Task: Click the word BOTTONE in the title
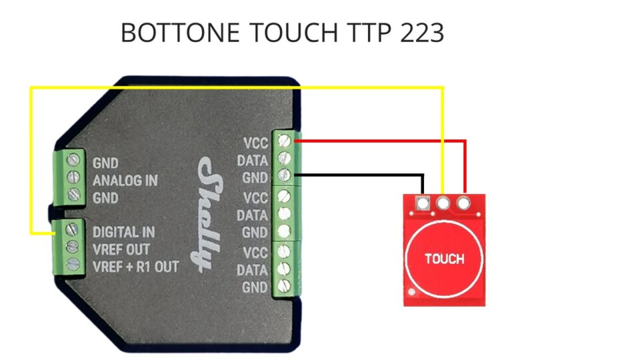(x=180, y=33)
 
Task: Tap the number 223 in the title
(x=422, y=33)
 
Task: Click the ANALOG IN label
(x=125, y=181)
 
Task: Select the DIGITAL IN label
(x=124, y=232)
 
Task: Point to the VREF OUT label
(x=121, y=249)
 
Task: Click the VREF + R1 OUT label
(x=135, y=267)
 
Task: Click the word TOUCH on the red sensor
(x=445, y=259)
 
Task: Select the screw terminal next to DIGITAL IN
(x=72, y=229)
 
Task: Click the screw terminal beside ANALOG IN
(x=73, y=177)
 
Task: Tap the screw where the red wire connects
(x=284, y=141)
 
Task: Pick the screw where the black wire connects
(x=284, y=175)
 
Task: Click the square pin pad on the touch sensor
(x=423, y=203)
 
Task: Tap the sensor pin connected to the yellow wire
(x=443, y=203)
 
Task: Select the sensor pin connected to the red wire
(x=463, y=203)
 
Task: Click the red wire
(x=465, y=141)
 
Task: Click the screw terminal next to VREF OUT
(x=73, y=247)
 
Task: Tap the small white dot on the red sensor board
(x=412, y=292)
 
